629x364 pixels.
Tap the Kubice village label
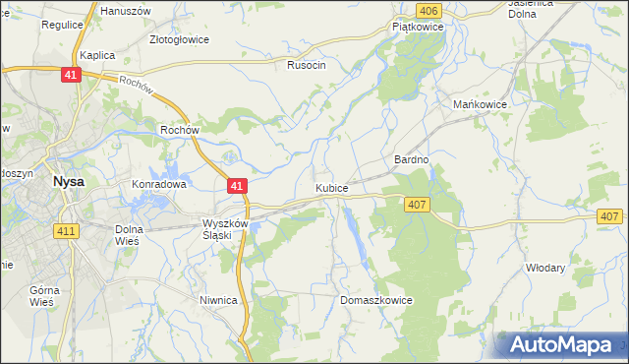click(x=331, y=187)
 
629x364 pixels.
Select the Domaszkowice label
click(x=375, y=300)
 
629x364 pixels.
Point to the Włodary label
click(x=545, y=268)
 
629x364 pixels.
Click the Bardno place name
click(x=412, y=159)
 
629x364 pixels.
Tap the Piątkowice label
click(x=419, y=28)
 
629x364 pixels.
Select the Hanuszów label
click(x=123, y=10)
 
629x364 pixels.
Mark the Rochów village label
click(x=181, y=129)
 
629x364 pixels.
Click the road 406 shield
click(x=427, y=10)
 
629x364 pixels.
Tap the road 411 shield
click(x=66, y=230)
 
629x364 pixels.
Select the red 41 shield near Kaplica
click(x=70, y=75)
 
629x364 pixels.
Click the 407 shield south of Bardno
click(x=417, y=204)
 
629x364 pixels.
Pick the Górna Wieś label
click(x=45, y=296)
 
